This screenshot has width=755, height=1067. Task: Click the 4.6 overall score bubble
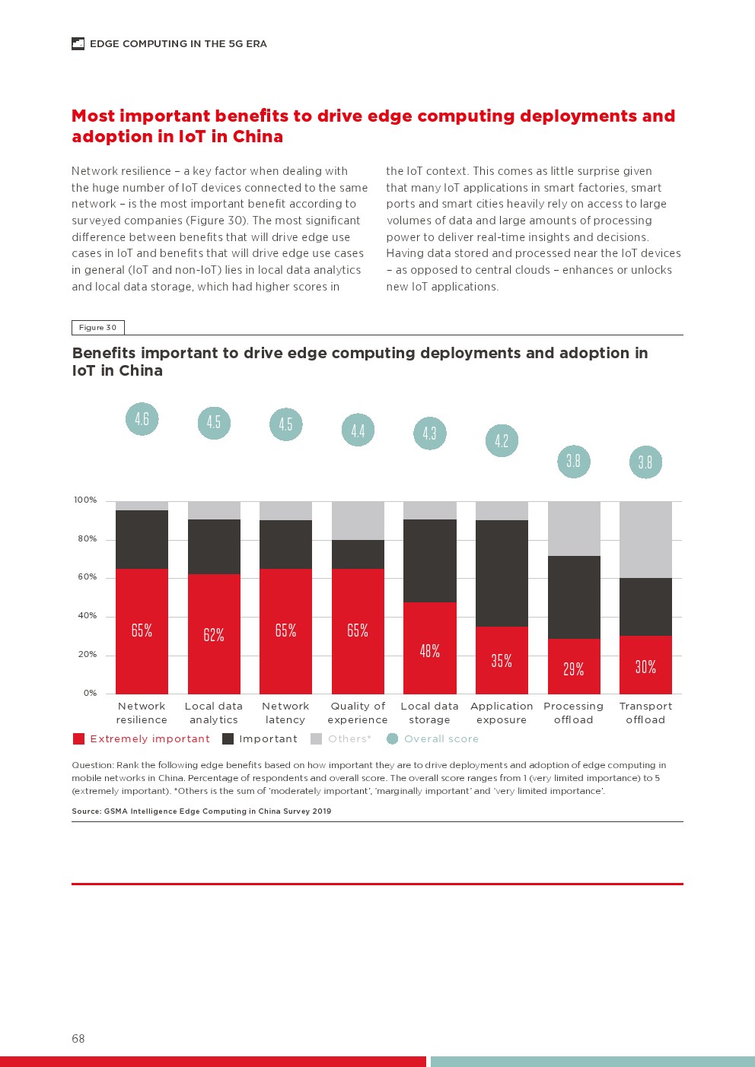142,419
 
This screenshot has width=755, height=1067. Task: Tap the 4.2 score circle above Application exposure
502,441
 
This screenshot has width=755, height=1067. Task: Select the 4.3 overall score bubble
429,433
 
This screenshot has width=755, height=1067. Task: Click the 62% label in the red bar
214,635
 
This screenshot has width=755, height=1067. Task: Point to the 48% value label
429,651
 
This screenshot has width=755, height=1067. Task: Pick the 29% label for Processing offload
573,669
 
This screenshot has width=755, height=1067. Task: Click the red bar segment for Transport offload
645,665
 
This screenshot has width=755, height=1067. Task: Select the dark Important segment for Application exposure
502,573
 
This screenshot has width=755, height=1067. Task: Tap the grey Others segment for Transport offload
645,539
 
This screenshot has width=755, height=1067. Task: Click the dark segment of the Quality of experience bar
358,554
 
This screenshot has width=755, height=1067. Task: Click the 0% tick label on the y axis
90,693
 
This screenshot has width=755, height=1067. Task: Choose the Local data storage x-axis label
429,713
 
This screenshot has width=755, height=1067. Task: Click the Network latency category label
285,713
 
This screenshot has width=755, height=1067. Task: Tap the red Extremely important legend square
78,738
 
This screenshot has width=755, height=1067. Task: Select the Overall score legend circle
392,738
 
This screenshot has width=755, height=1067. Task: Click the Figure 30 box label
97,328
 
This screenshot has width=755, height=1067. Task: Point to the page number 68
78,1038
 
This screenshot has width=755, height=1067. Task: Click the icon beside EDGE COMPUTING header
78,44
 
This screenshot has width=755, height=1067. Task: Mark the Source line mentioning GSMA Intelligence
201,811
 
